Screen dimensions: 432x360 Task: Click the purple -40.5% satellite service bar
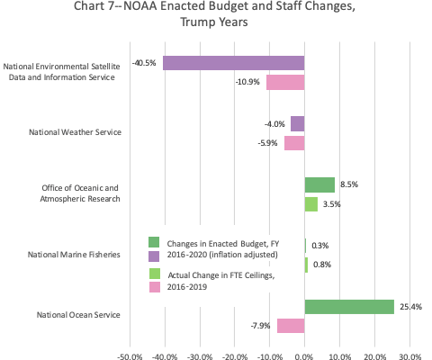(x=234, y=63)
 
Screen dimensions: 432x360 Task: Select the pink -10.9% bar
(x=285, y=82)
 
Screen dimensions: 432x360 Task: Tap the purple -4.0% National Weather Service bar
(x=298, y=124)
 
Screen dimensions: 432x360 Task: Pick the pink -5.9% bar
(x=294, y=143)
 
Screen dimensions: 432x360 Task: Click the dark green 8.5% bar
(x=319, y=184)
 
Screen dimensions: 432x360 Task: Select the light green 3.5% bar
(x=311, y=204)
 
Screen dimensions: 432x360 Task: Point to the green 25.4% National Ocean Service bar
(x=349, y=307)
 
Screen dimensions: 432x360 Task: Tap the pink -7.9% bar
(x=291, y=326)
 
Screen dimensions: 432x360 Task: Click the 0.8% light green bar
(x=306, y=265)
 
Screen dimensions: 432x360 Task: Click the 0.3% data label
(x=320, y=246)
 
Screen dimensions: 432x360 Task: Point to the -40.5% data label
(x=144, y=63)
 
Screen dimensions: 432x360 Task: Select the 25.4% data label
(x=410, y=307)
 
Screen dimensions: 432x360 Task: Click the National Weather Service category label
(x=75, y=132)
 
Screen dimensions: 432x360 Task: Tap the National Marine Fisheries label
(x=74, y=255)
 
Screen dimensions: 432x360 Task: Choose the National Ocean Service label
(x=78, y=315)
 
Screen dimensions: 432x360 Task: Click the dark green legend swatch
(x=154, y=242)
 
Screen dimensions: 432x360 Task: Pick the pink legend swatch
(x=155, y=287)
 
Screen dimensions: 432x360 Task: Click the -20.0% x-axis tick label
(x=235, y=356)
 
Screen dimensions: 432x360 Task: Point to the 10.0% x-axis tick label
(x=340, y=356)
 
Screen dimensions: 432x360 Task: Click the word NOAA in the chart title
(x=140, y=6)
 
